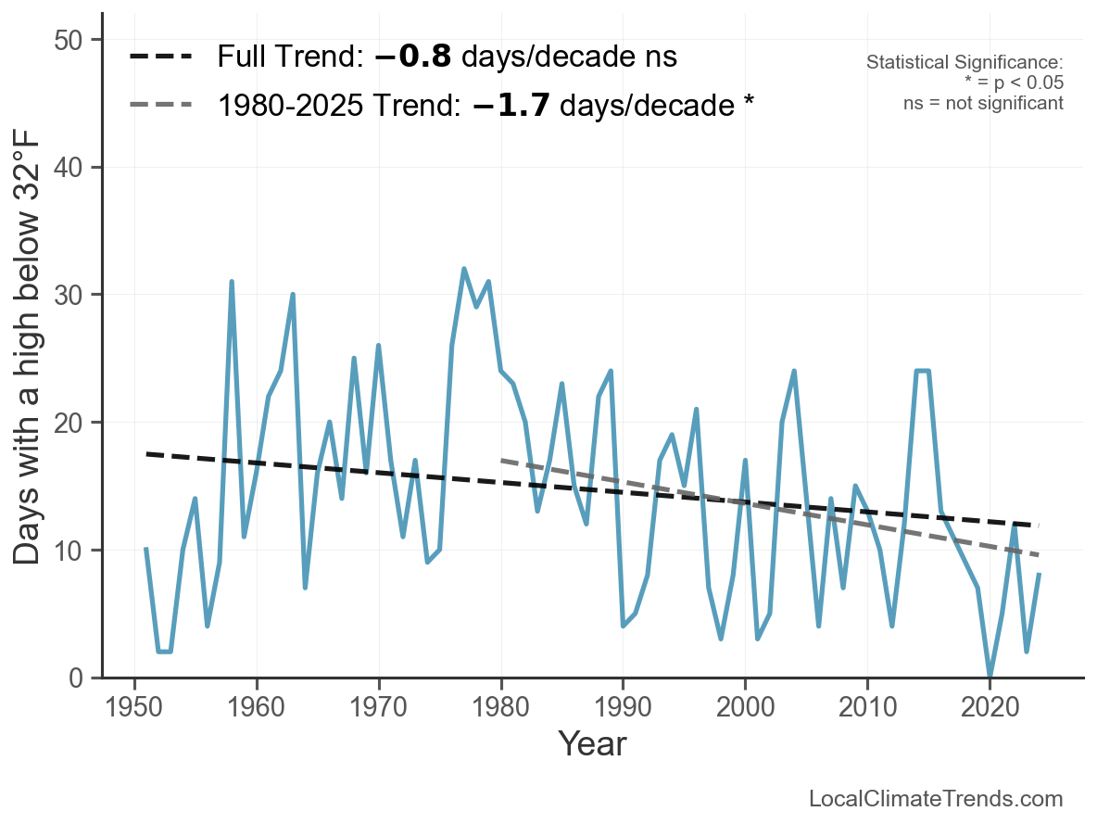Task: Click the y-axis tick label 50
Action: [x=75, y=40]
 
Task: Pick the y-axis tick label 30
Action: [x=75, y=295]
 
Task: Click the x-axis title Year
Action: [x=592, y=744]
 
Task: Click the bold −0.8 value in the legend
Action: [x=413, y=57]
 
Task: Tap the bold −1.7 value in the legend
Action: [x=511, y=106]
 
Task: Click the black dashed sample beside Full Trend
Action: [x=160, y=57]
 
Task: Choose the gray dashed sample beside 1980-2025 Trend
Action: [x=160, y=105]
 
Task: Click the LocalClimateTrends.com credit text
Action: [x=936, y=799]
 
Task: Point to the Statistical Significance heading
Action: [x=965, y=62]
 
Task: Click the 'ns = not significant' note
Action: [x=983, y=103]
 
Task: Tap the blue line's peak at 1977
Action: [x=464, y=269]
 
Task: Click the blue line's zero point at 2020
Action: [x=990, y=677]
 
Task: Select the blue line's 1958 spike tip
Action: [x=232, y=282]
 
